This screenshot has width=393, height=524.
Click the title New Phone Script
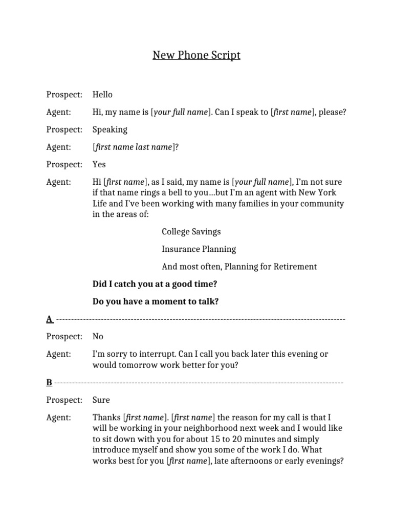pyautogui.click(x=196, y=55)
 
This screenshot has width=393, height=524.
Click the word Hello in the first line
pyautogui.click(x=102, y=95)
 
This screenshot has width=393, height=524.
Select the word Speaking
pyautogui.click(x=110, y=129)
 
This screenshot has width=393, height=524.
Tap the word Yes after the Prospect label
pyautogui.click(x=99, y=164)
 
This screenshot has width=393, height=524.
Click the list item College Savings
pyautogui.click(x=191, y=231)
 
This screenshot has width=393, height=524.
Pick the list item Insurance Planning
pyautogui.click(x=199, y=249)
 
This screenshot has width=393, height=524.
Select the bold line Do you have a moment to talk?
pyautogui.click(x=156, y=301)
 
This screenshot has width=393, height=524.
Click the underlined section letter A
pyautogui.click(x=49, y=319)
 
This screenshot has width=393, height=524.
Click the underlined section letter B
pyautogui.click(x=49, y=382)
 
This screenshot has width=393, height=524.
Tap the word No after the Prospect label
pyautogui.click(x=98, y=337)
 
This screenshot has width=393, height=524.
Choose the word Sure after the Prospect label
pyautogui.click(x=101, y=400)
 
